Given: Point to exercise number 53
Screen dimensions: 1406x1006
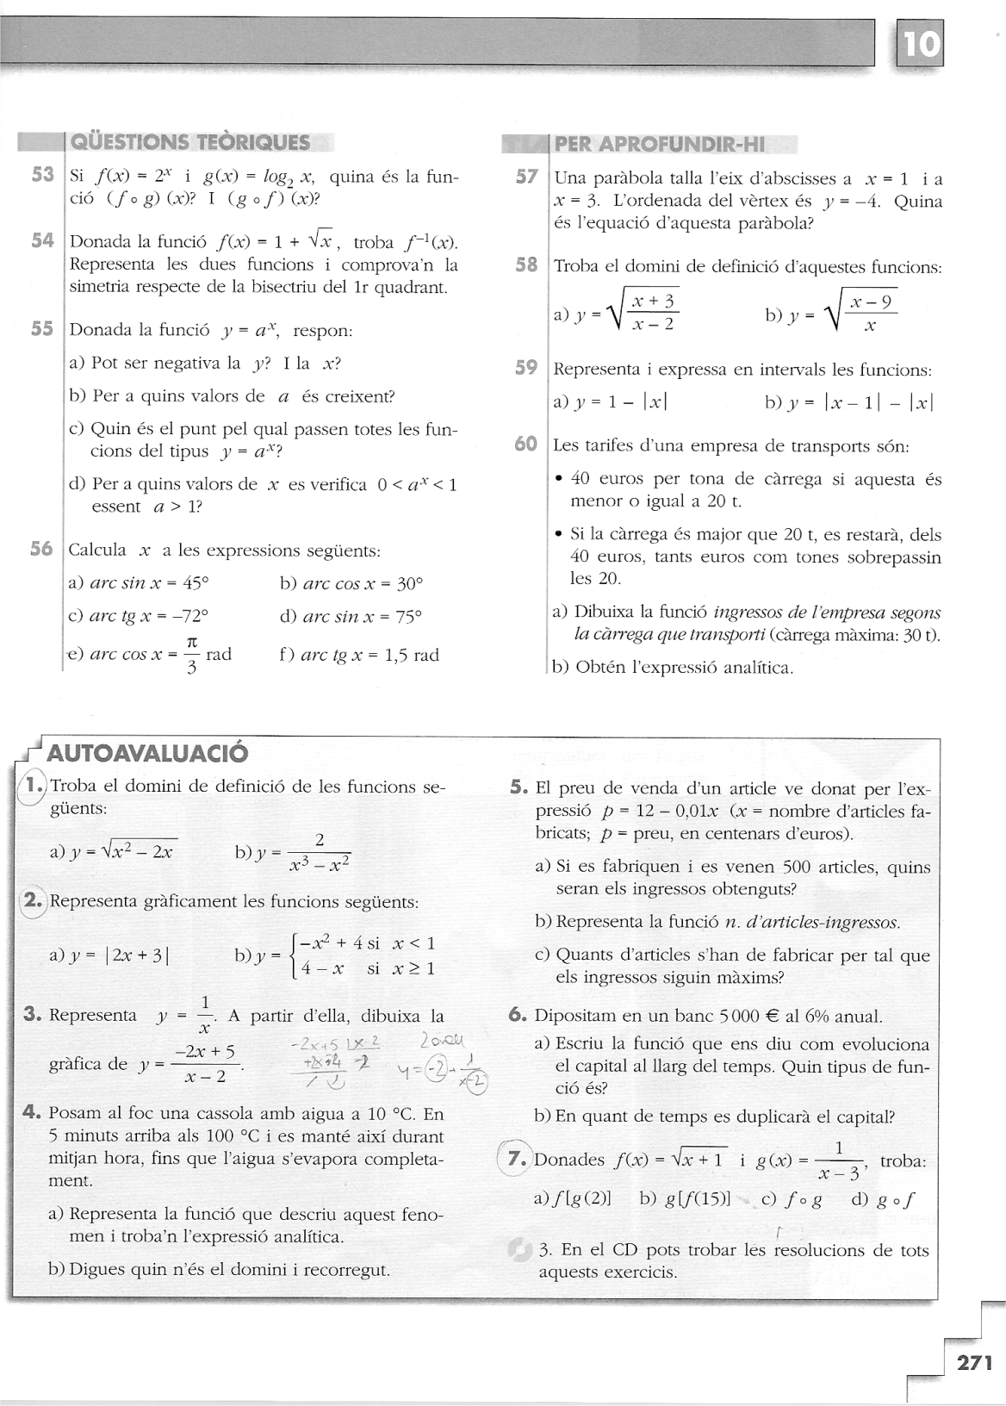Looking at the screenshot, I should pos(43,176).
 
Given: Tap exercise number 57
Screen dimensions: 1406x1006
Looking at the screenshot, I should pos(526,177).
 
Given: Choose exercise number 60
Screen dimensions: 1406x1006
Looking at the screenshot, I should pos(526,445).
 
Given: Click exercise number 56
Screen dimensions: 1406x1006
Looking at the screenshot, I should pos(42,549).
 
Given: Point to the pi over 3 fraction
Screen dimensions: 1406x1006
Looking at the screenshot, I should pos(193,654).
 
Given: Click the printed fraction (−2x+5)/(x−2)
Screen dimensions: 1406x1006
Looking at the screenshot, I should pos(206,1064).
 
